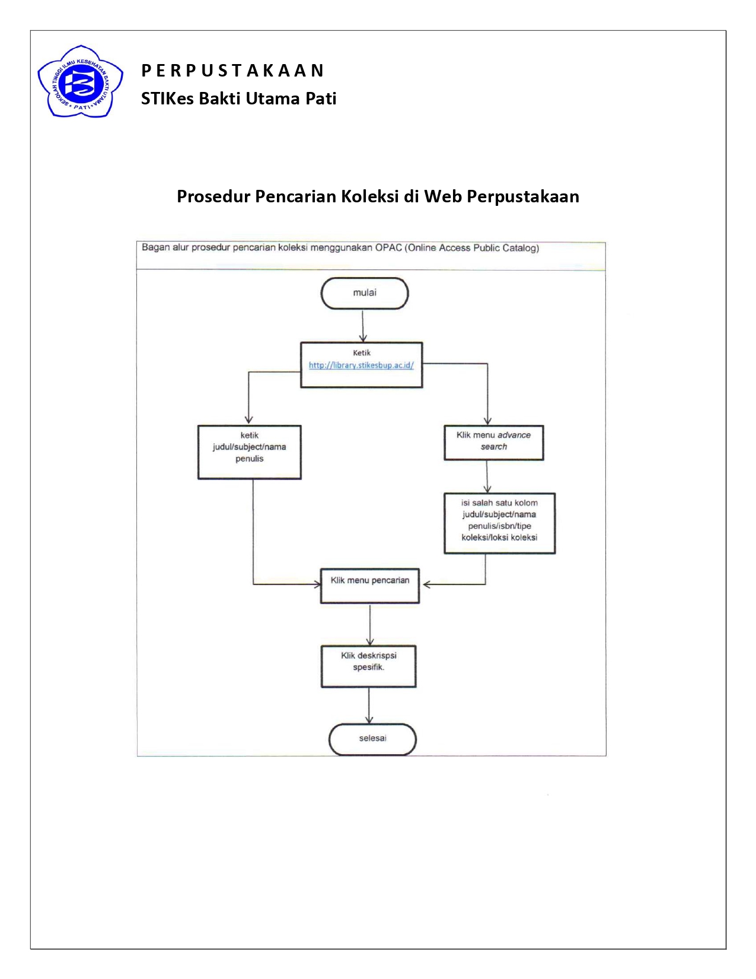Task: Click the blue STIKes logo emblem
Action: coord(80,82)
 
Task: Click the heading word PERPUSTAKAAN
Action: coord(232,71)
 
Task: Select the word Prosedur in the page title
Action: coord(213,196)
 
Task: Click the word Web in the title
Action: coord(443,196)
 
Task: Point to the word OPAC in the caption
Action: coord(388,248)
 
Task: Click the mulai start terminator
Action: coord(365,293)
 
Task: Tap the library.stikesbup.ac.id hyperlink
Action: coord(361,365)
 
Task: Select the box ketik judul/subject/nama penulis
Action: coord(249,452)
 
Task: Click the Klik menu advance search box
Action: coord(493,442)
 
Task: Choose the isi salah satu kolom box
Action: coord(499,523)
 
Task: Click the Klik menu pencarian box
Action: coord(370,586)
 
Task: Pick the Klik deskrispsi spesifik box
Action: coord(368,666)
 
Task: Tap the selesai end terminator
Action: coord(372,739)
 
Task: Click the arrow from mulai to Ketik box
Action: coord(363,326)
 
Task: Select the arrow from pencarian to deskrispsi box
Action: coord(370,624)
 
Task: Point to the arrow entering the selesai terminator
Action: coord(369,706)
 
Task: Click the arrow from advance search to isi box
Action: coord(487,476)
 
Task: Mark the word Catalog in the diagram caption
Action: coord(521,248)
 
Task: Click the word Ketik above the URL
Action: coord(362,353)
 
